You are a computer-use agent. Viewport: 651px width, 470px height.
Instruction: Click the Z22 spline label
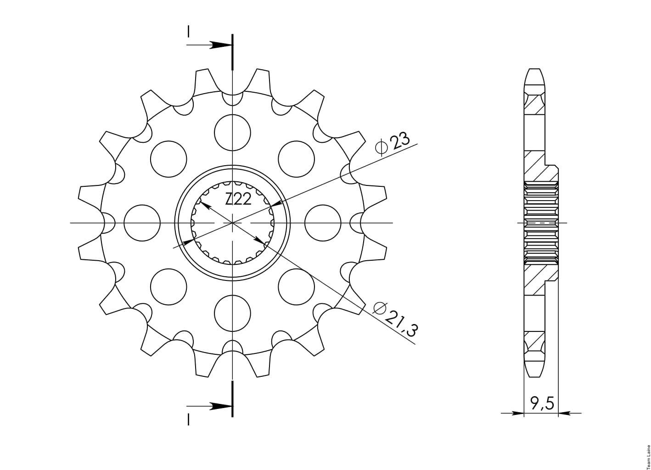tap(238, 200)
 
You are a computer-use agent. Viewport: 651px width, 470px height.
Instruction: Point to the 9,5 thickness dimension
tap(541, 404)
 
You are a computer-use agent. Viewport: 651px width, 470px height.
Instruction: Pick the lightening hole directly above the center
tap(232, 133)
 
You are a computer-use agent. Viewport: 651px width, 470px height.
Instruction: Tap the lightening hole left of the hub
tap(142, 223)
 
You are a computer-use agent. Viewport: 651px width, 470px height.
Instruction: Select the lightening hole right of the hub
tap(323, 223)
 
